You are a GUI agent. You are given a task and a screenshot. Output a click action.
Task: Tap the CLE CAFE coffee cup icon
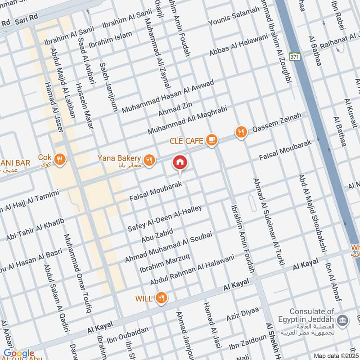click(211, 140)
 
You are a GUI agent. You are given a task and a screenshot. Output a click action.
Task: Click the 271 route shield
click(295, 57)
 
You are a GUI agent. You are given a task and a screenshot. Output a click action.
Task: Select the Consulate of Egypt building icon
click(343, 320)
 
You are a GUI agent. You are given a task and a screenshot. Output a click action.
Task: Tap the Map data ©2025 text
click(336, 355)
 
